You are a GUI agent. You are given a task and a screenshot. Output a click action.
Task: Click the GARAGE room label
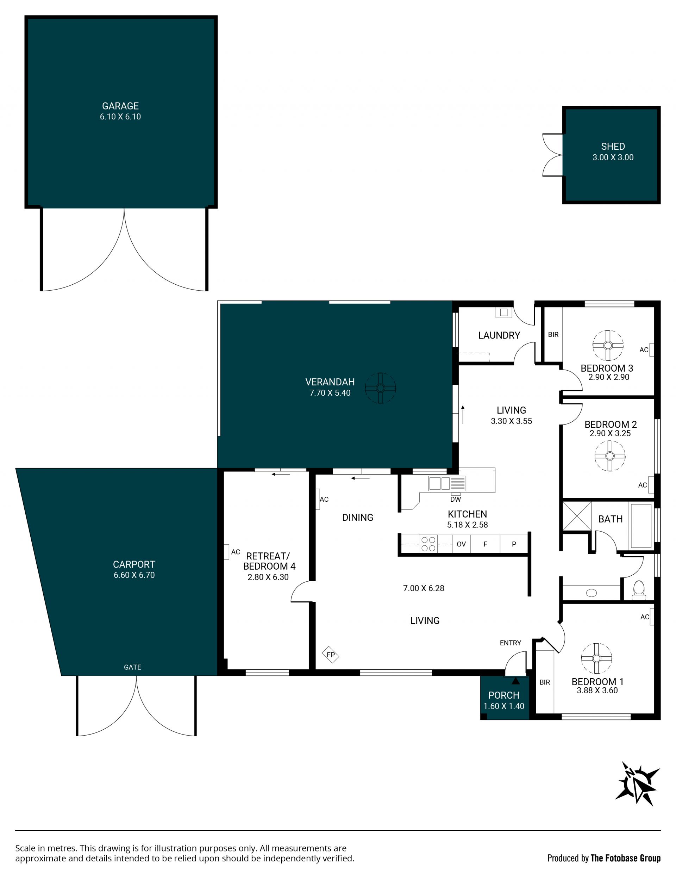click(x=120, y=106)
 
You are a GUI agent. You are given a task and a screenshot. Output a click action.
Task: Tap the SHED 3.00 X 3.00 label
click(x=613, y=152)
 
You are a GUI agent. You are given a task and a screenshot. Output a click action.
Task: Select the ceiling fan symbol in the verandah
click(x=380, y=388)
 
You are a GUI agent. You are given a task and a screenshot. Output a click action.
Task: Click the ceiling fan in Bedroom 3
click(x=608, y=345)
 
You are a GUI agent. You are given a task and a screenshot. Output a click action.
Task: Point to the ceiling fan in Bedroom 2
click(x=610, y=456)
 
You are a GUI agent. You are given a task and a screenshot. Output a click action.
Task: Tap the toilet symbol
click(x=639, y=590)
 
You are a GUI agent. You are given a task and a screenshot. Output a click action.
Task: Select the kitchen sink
click(x=446, y=483)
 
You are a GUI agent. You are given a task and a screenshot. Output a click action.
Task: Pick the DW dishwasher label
click(x=455, y=499)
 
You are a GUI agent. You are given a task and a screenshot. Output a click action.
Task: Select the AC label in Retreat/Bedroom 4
click(x=236, y=552)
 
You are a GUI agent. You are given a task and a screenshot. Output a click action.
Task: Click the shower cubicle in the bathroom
click(x=576, y=516)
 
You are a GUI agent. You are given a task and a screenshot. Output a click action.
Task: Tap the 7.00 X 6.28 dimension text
click(x=424, y=588)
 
